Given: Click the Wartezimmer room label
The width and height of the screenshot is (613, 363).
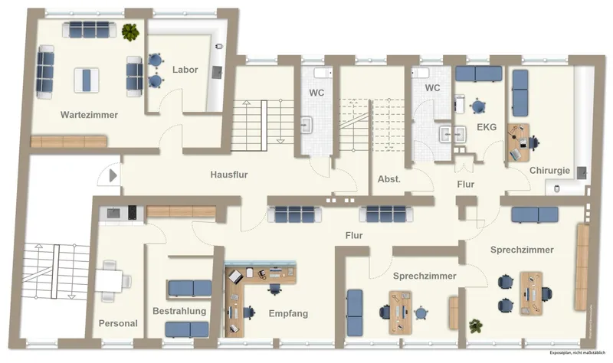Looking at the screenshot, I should pyautogui.click(x=89, y=115).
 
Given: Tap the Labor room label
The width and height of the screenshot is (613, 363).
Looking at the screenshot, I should pyautogui.click(x=185, y=70).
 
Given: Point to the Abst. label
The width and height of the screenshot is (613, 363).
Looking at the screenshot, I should pyautogui.click(x=389, y=179).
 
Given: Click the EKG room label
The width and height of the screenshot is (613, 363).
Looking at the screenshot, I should pyautogui.click(x=487, y=126).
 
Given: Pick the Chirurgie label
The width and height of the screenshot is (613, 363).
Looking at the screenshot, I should pyautogui.click(x=549, y=170).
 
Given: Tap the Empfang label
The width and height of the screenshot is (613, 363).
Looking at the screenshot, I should pyautogui.click(x=288, y=313).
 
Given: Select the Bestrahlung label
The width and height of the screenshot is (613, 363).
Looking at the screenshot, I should pyautogui.click(x=179, y=312).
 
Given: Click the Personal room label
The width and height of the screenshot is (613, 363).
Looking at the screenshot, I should pyautogui.click(x=118, y=323).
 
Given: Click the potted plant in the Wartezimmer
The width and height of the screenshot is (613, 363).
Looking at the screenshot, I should pyautogui.click(x=130, y=31).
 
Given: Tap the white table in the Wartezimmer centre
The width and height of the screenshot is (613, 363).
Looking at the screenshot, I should pyautogui.click(x=87, y=78).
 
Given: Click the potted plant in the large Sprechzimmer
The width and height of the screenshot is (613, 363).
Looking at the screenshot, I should pyautogui.click(x=476, y=326).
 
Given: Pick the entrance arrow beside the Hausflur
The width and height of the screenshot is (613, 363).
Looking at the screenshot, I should pyautogui.click(x=113, y=175).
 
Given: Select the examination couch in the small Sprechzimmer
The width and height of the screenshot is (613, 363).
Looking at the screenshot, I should pyautogui.click(x=356, y=312).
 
